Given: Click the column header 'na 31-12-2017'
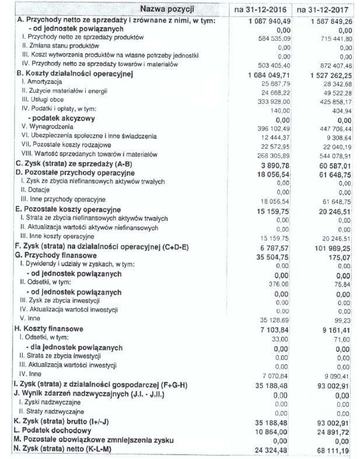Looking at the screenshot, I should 323,10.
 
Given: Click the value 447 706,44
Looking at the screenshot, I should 331,127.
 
